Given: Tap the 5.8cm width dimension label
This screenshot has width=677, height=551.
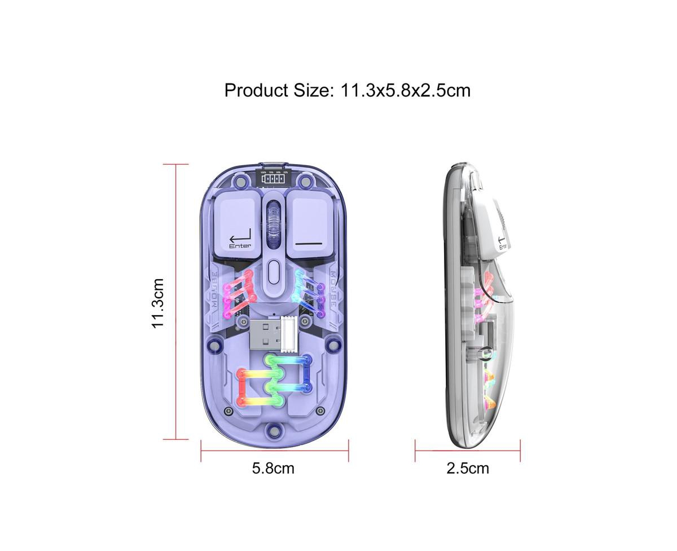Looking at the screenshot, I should click(x=274, y=468).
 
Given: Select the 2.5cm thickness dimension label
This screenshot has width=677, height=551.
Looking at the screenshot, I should click(x=468, y=468).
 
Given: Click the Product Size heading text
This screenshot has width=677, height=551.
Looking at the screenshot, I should click(x=347, y=90).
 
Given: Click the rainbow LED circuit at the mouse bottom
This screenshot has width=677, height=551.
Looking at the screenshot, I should click(x=274, y=381).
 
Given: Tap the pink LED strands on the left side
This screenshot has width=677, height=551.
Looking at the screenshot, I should click(x=239, y=293).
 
